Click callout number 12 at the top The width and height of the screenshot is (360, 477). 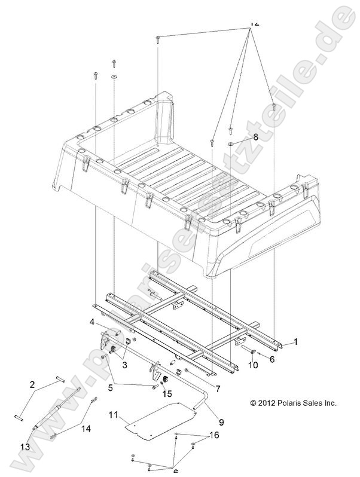(254, 23)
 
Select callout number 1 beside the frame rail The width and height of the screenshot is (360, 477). (294, 342)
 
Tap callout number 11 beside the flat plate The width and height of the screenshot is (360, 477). (114, 414)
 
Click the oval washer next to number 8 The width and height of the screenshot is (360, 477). (246, 144)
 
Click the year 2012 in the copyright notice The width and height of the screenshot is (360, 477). (267, 403)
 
